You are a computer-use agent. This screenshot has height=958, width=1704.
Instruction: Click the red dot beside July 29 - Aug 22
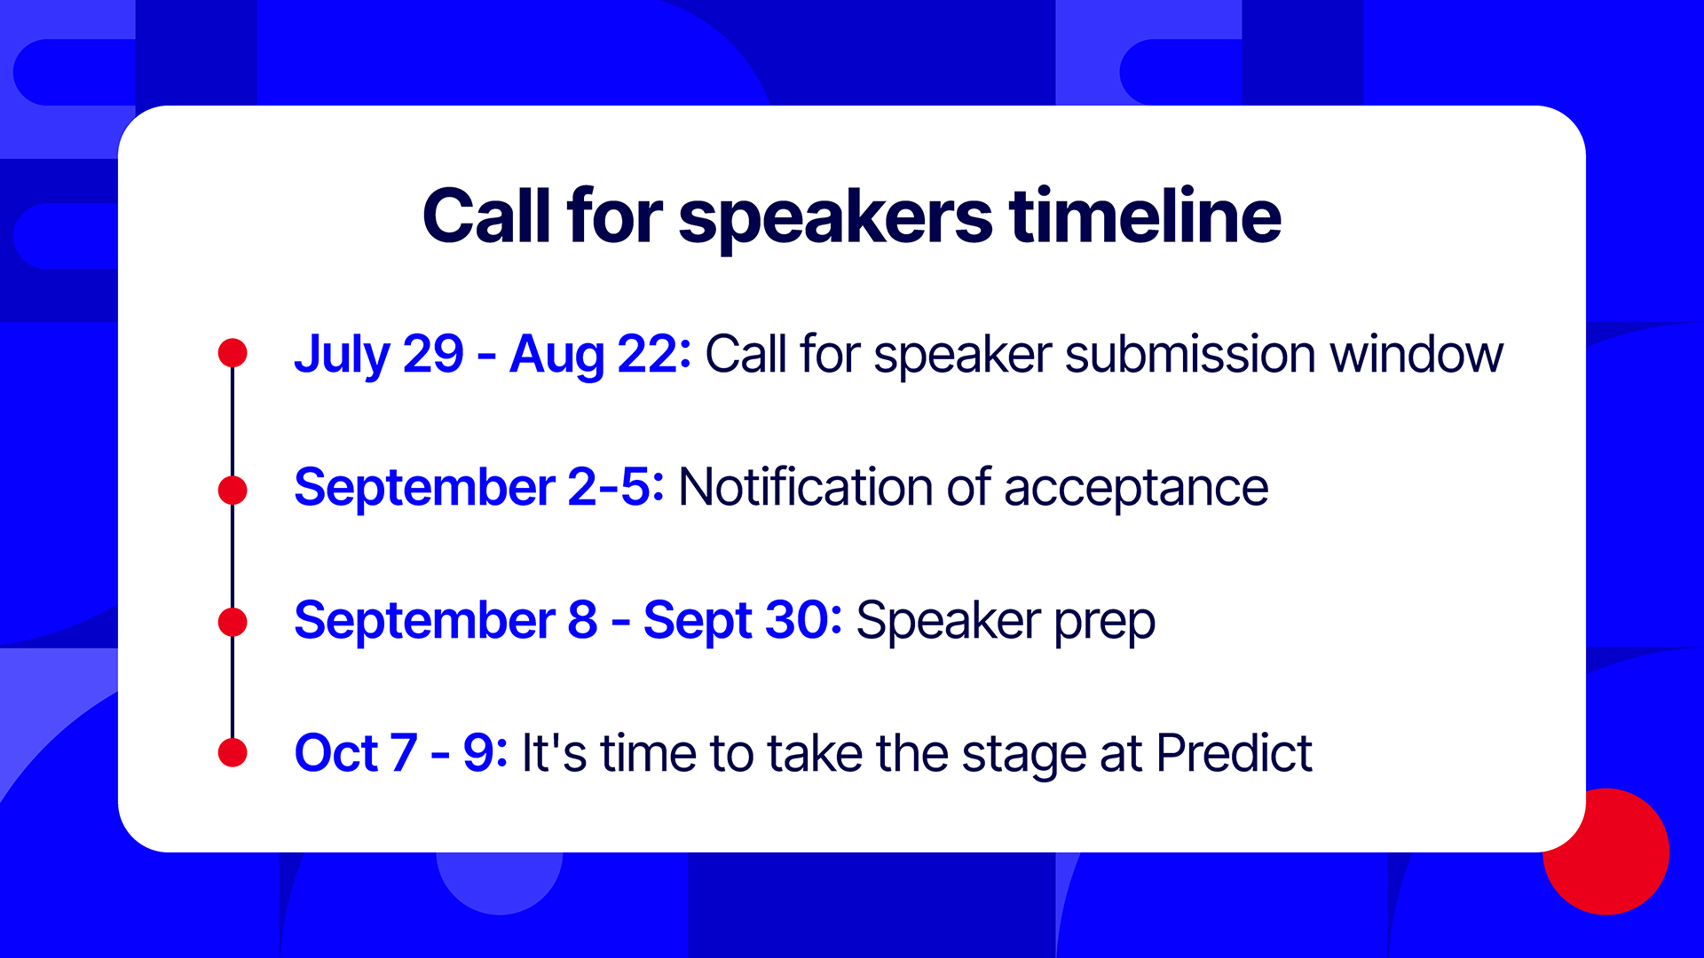point(233,353)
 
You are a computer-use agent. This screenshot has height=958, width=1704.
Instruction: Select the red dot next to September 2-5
point(233,490)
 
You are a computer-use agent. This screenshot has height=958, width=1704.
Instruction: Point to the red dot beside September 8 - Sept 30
point(233,622)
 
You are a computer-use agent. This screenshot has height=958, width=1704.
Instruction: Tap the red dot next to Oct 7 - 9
point(233,752)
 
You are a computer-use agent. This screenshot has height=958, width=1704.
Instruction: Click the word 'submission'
point(1190,354)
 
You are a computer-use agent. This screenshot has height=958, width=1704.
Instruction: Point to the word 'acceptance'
point(1136,491)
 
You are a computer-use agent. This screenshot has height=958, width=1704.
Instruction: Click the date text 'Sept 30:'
point(743,622)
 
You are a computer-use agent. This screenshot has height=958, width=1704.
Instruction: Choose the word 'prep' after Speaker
point(1105,624)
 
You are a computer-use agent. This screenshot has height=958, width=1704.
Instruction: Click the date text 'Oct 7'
point(355,753)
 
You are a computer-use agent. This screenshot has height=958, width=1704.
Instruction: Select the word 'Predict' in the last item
point(1235,753)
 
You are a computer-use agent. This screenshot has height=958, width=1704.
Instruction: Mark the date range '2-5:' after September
point(616,487)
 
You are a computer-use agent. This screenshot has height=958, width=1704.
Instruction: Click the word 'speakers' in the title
point(835,218)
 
